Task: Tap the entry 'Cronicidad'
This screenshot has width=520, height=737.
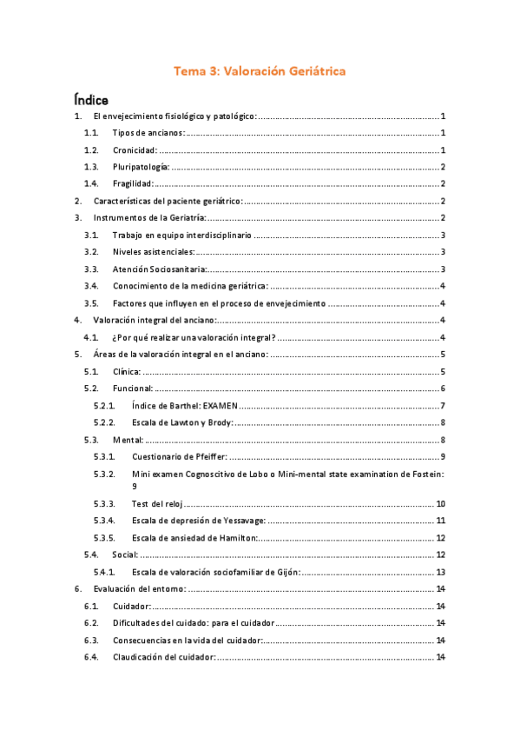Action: coord(135,149)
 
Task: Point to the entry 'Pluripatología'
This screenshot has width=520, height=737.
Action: coord(141,166)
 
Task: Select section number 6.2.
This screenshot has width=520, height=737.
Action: coord(91,622)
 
